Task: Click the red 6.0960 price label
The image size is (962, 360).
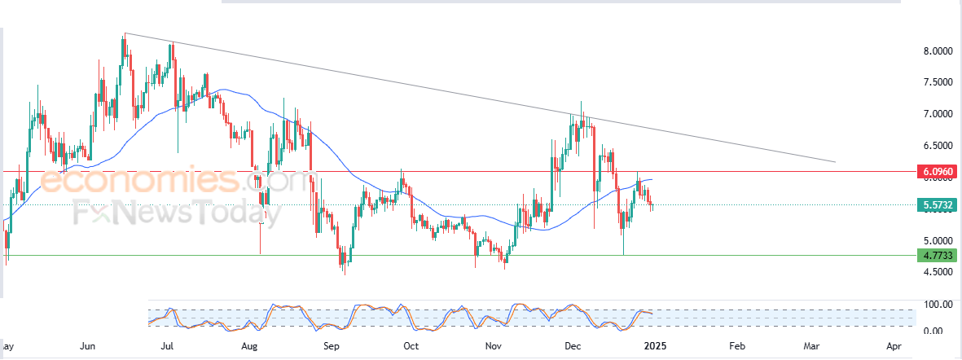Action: pos(937,172)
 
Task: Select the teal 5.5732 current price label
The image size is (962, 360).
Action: pos(937,205)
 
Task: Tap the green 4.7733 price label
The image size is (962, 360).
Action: pos(937,256)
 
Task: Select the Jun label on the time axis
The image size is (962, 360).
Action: pos(89,345)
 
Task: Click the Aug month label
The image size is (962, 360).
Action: pos(250,345)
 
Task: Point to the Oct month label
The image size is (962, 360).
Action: pos(411,345)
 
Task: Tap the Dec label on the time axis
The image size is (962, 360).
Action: pos(573,345)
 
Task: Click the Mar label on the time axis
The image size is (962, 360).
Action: pos(815,345)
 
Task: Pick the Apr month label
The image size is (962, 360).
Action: pos(894,345)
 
